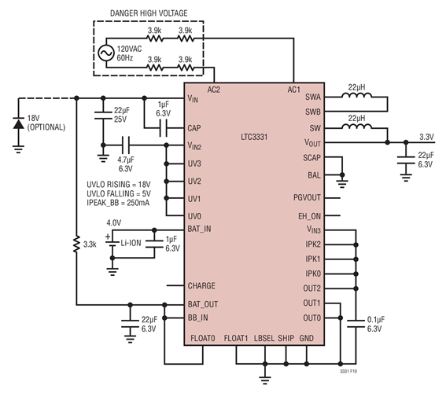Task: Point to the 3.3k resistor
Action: pos(76,244)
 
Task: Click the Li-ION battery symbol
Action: pos(112,245)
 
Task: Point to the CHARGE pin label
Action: pos(203,286)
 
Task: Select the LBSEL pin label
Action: pos(266,339)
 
